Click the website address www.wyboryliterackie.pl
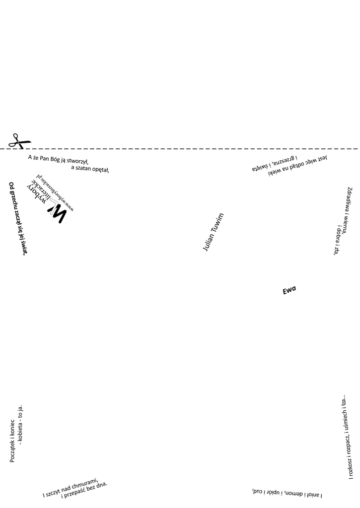pyautogui.click(x=62, y=195)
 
